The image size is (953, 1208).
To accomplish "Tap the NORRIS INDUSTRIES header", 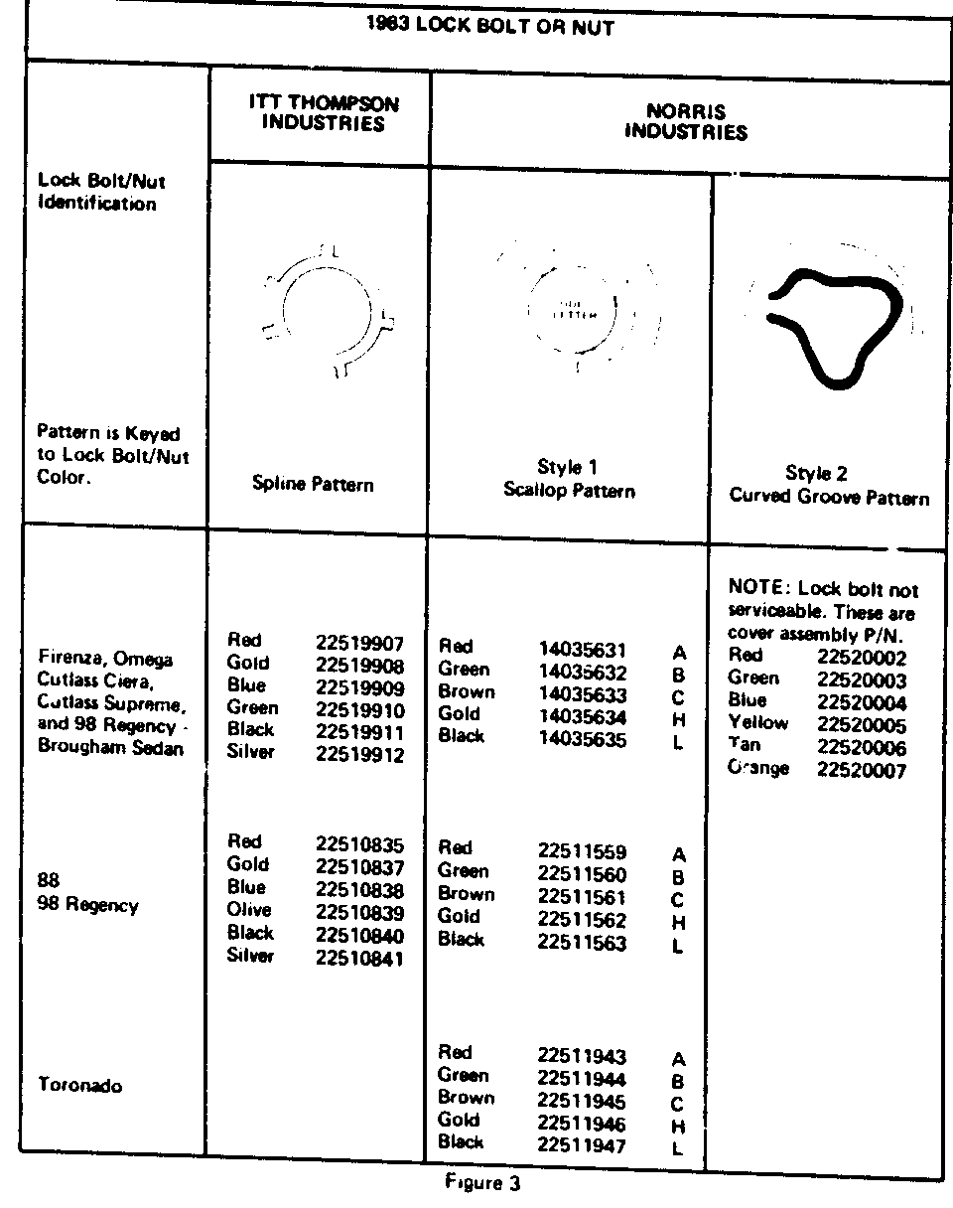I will [685, 122].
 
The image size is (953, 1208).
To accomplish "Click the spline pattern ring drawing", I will [326, 308].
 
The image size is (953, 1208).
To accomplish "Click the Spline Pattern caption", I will [313, 485].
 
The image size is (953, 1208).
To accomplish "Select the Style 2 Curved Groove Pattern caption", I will [829, 486].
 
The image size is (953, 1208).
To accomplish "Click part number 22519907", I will [359, 643].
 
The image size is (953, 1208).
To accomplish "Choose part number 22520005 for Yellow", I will [862, 725].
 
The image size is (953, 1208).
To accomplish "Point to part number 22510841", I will [359, 959].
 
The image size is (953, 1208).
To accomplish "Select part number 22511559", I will [582, 852].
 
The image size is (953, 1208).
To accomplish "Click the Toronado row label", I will [80, 1086].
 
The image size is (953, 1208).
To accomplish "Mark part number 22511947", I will [582, 1145].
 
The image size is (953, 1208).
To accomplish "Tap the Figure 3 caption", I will [482, 1183].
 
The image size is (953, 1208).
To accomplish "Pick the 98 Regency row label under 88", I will [87, 906].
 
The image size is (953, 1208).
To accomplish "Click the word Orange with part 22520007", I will [758, 768].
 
